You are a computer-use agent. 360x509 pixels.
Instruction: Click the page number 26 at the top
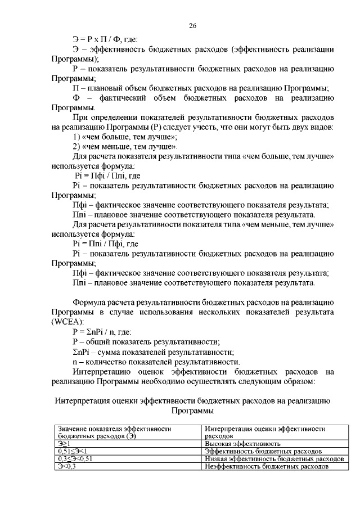click(x=192, y=25)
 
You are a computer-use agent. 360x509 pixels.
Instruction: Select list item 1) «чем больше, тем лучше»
click(x=125, y=137)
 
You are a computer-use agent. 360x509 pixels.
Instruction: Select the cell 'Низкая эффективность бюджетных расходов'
click(x=274, y=459)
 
